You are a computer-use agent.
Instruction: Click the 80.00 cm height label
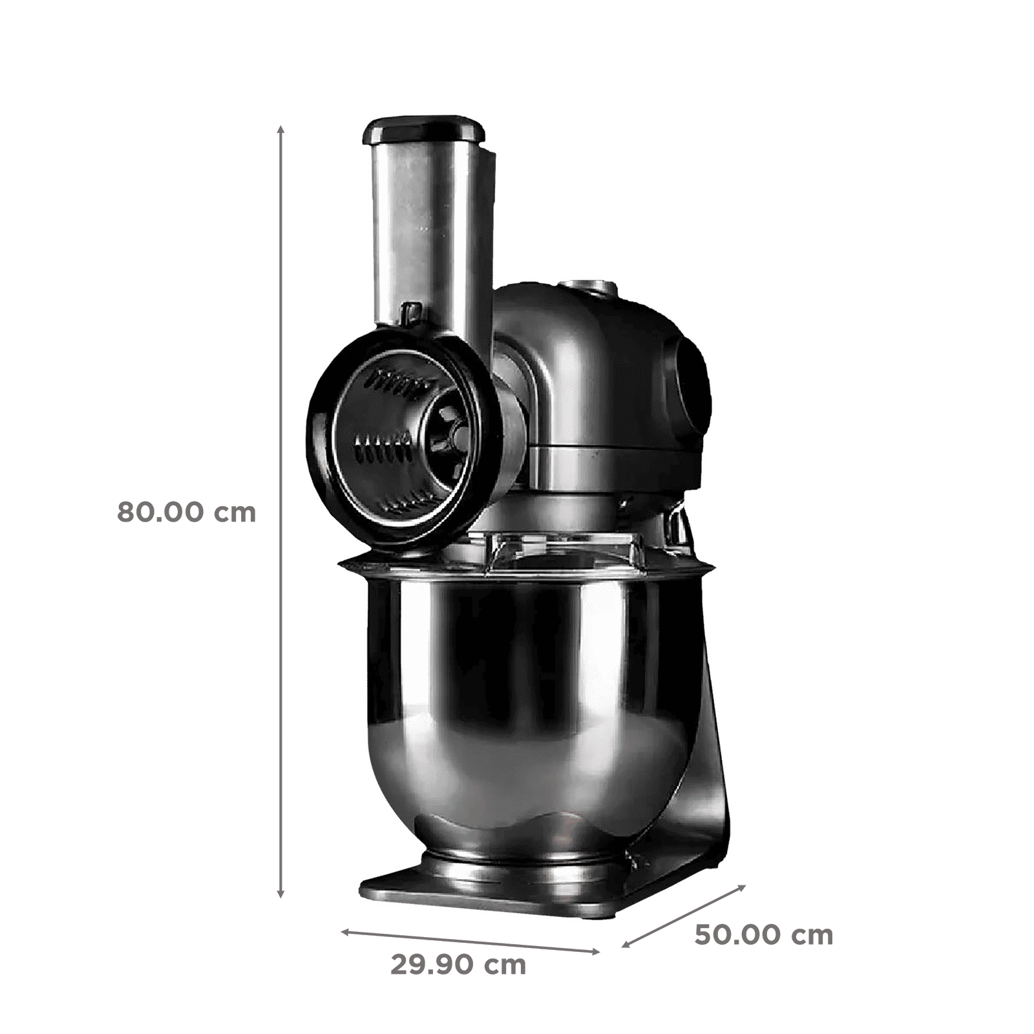click(186, 512)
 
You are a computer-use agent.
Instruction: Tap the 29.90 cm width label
click(458, 965)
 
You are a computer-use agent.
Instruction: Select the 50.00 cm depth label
click(764, 935)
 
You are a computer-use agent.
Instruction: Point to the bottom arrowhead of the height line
click(280, 892)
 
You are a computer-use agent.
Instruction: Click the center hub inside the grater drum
click(451, 434)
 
